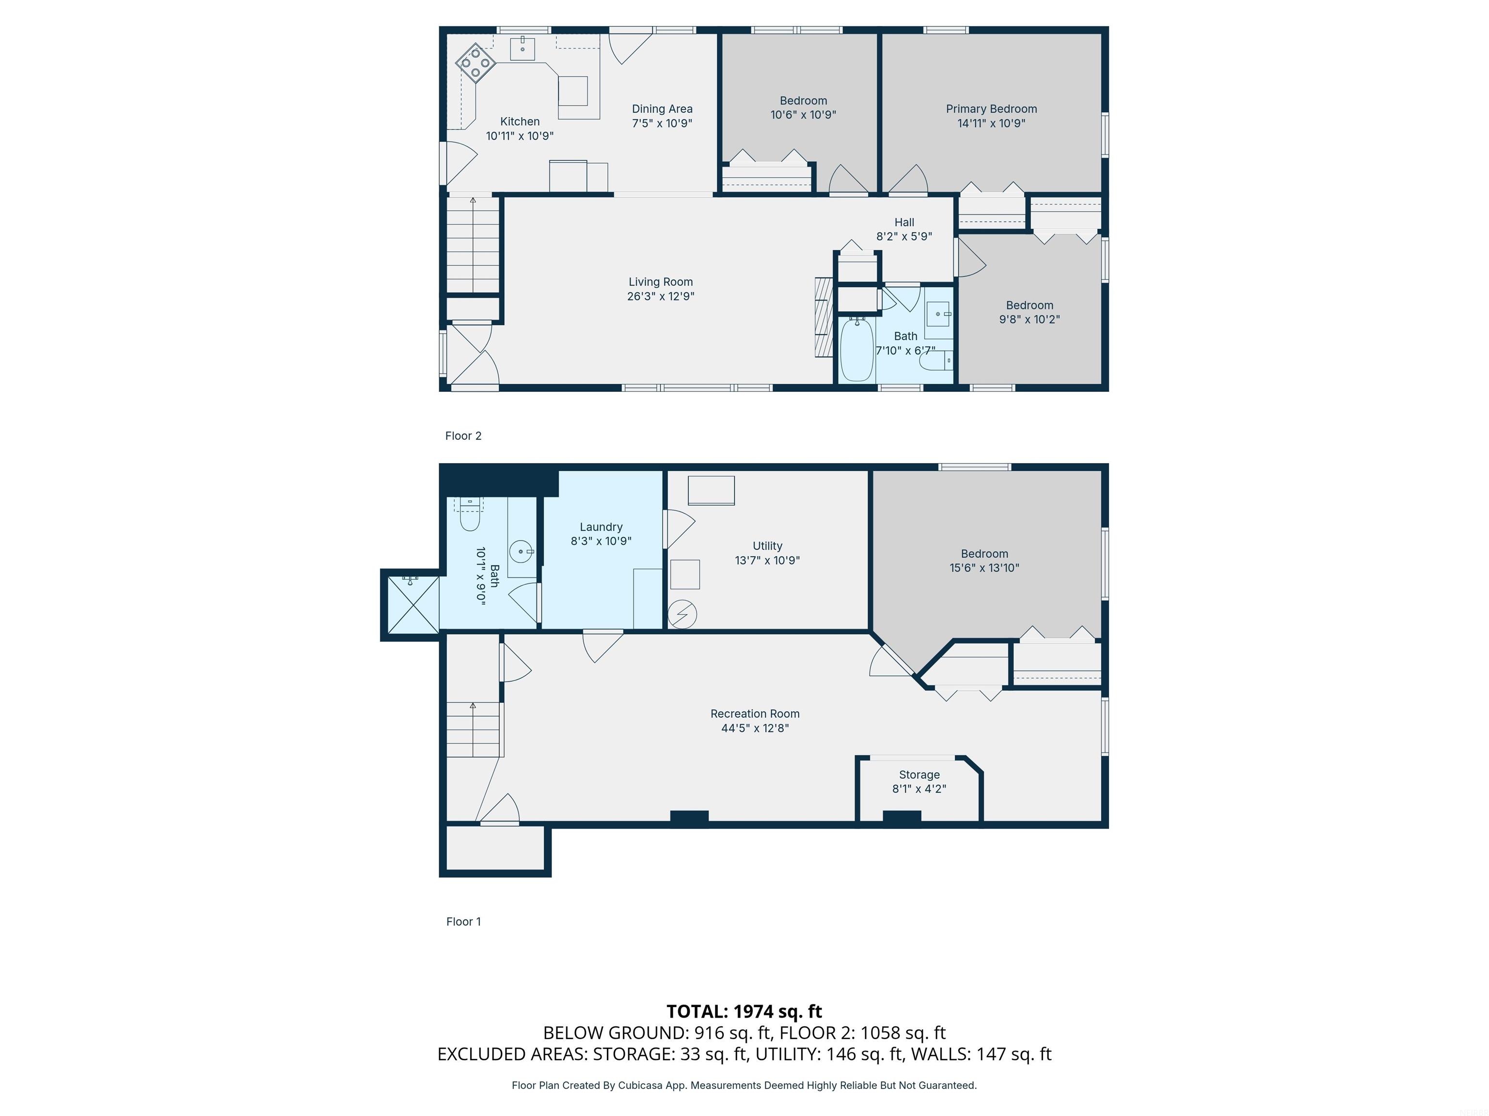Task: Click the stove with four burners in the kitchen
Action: coord(476,63)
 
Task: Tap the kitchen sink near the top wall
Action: coord(523,48)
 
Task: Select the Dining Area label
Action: coord(662,109)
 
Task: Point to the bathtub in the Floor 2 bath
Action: coord(857,350)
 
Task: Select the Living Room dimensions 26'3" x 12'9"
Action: coord(660,296)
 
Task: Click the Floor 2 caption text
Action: coord(463,436)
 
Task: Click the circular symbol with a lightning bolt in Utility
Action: coord(682,614)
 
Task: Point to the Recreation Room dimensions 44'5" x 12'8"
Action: coord(755,728)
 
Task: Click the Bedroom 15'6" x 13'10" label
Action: coord(984,554)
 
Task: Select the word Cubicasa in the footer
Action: coord(639,1085)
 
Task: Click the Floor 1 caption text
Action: coord(463,922)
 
